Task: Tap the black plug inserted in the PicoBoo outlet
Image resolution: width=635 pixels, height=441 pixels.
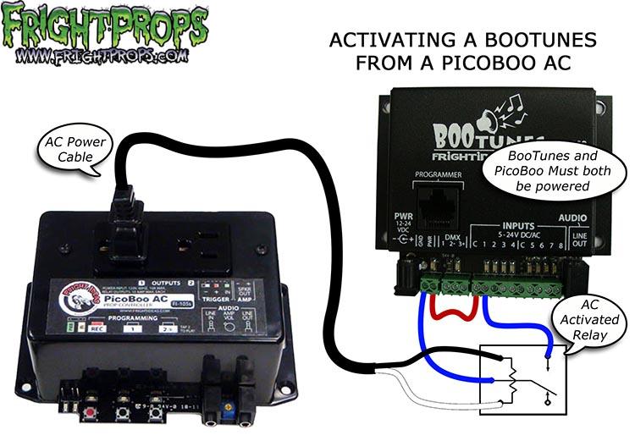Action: tap(121, 233)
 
